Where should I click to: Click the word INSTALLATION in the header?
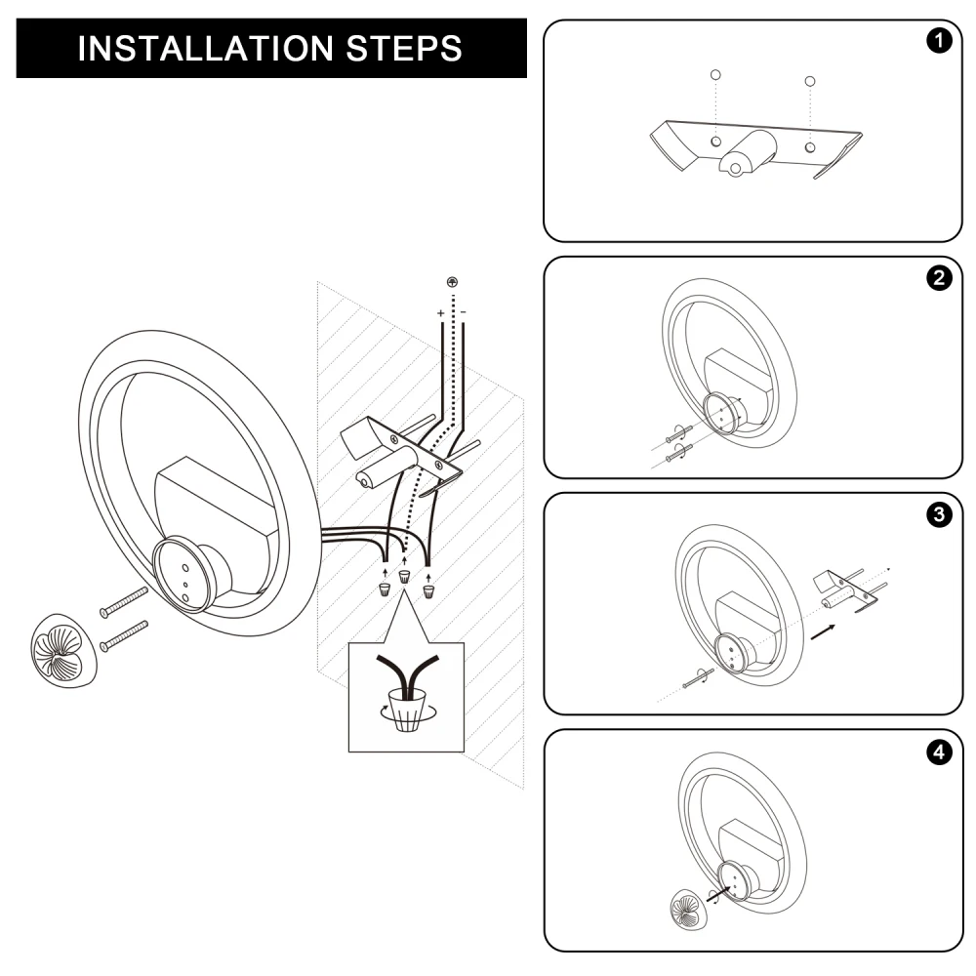point(198,48)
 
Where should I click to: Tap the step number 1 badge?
point(939,41)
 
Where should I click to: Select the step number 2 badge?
point(939,277)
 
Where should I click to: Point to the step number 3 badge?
point(939,514)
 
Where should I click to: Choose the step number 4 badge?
point(939,752)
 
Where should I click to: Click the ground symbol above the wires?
point(452,283)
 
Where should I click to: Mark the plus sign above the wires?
point(441,312)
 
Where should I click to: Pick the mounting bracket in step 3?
point(847,589)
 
